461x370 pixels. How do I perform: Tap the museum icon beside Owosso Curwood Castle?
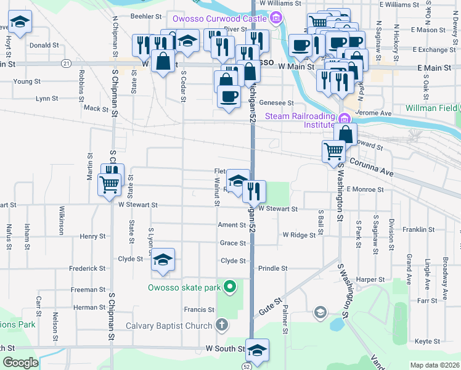(x=276, y=17)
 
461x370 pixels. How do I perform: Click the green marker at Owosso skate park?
(x=230, y=287)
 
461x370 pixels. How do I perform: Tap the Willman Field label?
(x=431, y=108)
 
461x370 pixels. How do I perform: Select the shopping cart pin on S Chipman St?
(x=109, y=184)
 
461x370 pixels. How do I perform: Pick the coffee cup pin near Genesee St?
(x=229, y=97)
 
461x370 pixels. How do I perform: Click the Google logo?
(x=21, y=363)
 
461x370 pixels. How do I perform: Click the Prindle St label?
(x=272, y=268)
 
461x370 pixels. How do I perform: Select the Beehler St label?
(x=145, y=17)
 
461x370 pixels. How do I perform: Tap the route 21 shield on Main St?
(x=65, y=64)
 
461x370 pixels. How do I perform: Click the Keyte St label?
(x=427, y=341)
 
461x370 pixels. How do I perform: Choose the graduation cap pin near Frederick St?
(x=163, y=260)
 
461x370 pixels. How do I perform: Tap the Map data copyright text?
(x=434, y=365)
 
